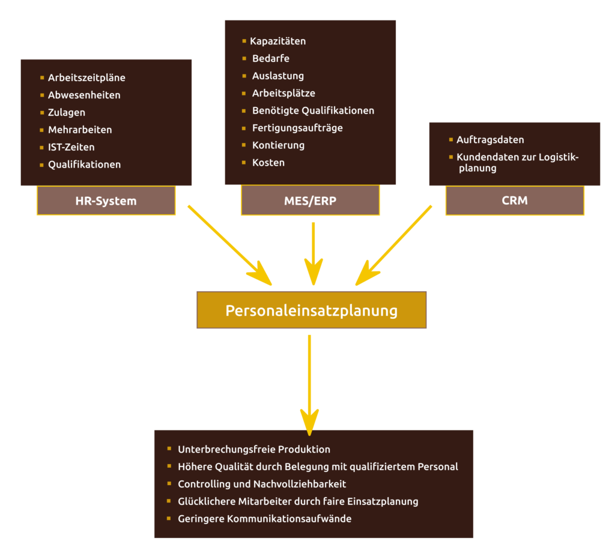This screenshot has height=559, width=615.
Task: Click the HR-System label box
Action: click(x=106, y=201)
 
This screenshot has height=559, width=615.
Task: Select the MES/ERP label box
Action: click(x=310, y=201)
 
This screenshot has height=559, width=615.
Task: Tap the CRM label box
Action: click(x=515, y=201)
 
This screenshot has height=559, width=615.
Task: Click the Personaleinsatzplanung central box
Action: click(x=311, y=310)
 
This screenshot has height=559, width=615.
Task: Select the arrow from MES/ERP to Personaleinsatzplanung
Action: click(x=312, y=252)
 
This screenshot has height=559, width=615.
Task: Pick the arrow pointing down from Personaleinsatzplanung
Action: click(x=309, y=384)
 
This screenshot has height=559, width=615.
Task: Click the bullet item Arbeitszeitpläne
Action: click(x=86, y=78)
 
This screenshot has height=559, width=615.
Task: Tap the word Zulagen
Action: click(x=67, y=113)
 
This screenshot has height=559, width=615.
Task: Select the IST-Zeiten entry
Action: click(x=71, y=147)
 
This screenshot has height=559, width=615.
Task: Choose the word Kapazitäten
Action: click(x=278, y=41)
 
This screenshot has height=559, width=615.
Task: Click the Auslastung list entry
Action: click(x=278, y=76)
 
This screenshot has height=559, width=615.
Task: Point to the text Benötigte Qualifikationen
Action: click(x=313, y=111)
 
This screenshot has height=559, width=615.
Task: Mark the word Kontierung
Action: click(x=278, y=145)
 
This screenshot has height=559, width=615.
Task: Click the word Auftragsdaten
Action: click(x=490, y=140)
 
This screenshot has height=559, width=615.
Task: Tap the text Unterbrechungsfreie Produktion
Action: click(x=254, y=450)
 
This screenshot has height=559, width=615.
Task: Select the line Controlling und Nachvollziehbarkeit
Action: click(x=262, y=484)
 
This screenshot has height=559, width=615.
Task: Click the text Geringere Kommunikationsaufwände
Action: click(x=265, y=519)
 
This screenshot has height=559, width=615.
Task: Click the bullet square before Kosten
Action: click(x=244, y=162)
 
